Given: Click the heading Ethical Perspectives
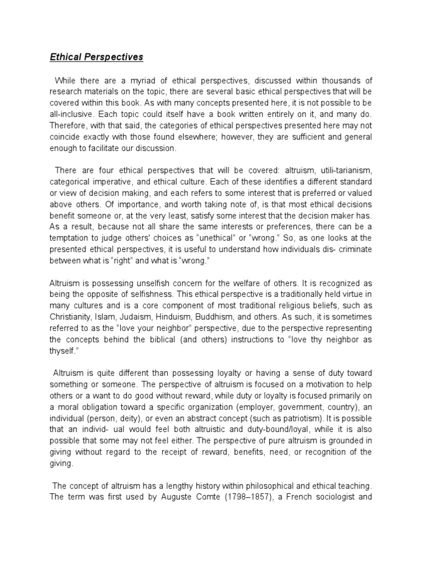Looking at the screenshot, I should tap(97, 57).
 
